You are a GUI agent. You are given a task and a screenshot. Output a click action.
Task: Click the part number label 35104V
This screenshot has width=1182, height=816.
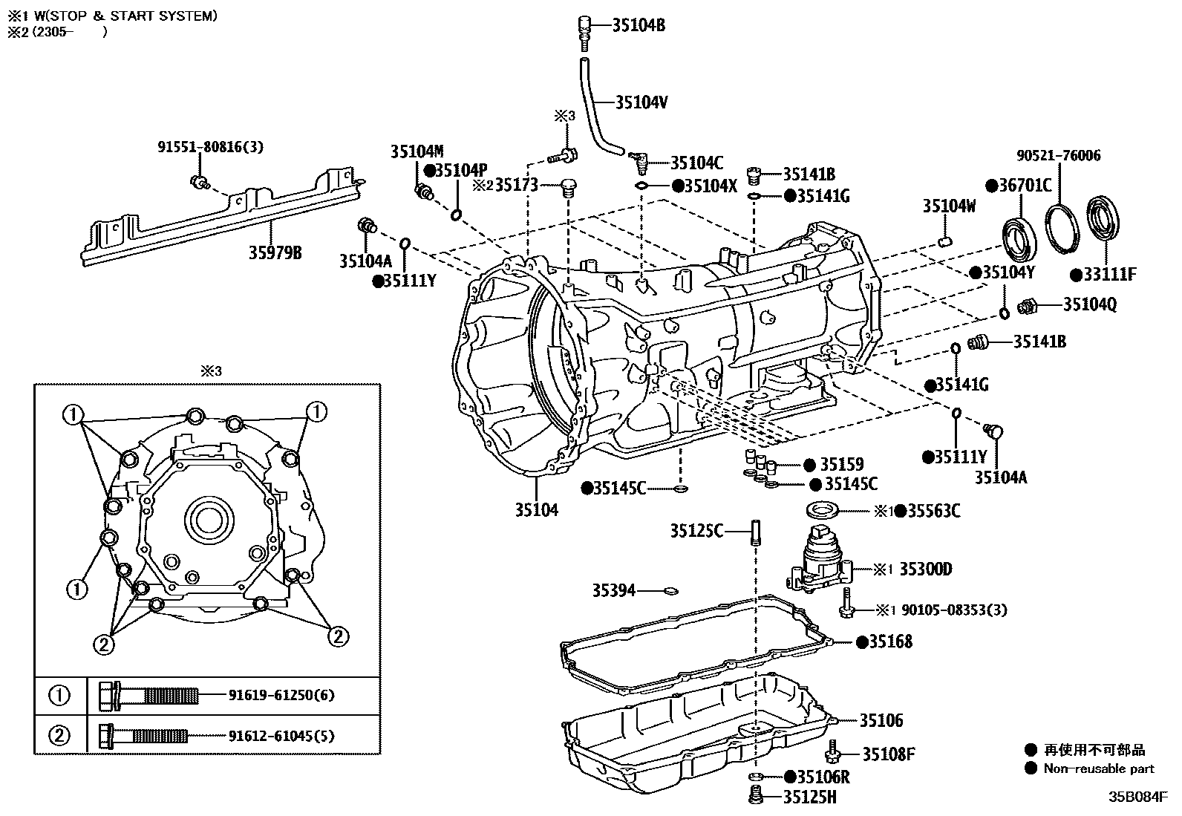(x=641, y=102)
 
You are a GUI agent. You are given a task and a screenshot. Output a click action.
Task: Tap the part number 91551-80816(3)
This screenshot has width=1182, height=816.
(x=210, y=147)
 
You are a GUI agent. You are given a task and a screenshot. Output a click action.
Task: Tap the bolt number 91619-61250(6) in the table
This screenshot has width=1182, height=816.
(x=282, y=696)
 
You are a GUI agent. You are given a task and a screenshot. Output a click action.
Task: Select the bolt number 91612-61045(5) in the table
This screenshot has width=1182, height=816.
(x=282, y=736)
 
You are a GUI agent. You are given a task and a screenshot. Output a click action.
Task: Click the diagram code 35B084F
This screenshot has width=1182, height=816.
(x=1138, y=797)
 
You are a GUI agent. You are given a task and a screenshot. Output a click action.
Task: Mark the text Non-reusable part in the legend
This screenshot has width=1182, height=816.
(x=1099, y=768)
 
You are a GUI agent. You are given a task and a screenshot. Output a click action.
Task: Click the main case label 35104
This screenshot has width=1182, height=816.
(x=537, y=510)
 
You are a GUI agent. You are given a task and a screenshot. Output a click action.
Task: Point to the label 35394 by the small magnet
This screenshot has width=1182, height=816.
(x=614, y=590)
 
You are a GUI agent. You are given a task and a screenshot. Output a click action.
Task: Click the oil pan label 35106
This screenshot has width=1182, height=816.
(x=881, y=720)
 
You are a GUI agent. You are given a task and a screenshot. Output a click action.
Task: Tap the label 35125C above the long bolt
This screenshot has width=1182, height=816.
(x=696, y=531)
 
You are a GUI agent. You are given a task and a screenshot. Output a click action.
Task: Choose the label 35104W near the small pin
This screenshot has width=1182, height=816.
(x=949, y=206)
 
